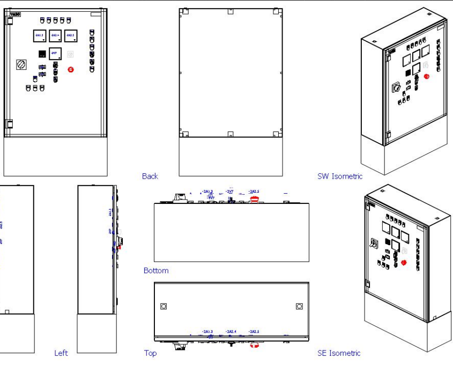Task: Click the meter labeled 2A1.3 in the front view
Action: click(40, 36)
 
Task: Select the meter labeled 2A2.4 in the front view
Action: click(55, 36)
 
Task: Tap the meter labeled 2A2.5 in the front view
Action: click(70, 36)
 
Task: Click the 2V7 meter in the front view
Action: click(55, 53)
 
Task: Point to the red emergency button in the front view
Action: click(71, 69)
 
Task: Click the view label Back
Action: click(150, 176)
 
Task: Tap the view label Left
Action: click(61, 353)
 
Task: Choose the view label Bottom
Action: click(155, 270)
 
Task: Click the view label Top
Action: click(150, 354)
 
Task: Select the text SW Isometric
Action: click(339, 176)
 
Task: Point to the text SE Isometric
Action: click(339, 353)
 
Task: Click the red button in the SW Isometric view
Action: click(427, 76)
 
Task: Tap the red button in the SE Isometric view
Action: click(403, 262)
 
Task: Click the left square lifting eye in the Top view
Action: click(164, 306)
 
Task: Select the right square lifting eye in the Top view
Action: click(299, 306)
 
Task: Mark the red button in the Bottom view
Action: click(255, 199)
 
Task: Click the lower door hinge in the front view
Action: click(9, 123)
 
